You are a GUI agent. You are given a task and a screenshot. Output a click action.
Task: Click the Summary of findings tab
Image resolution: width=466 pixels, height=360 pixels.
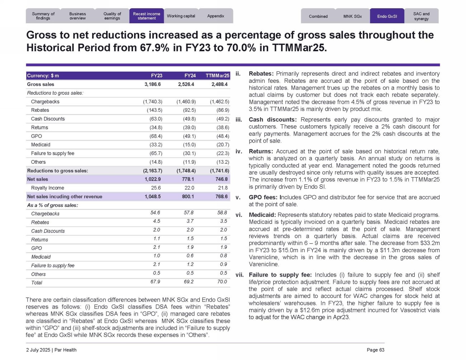tap(43, 16)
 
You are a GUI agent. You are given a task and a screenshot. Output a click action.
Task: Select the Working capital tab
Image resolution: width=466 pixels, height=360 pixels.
tap(181, 16)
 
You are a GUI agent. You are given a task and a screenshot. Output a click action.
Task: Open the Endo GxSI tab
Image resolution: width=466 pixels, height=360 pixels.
tap(387, 16)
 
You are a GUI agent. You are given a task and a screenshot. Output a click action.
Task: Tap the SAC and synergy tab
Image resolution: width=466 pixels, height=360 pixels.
tap(421, 16)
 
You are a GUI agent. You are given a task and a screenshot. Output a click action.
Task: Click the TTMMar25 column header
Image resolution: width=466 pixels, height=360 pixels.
tap(218, 76)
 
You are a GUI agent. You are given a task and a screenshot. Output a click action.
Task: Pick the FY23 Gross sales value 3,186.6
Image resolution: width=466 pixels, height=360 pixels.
tap(153, 85)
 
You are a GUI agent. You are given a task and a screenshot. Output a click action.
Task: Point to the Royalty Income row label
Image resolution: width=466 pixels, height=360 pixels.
tap(48, 188)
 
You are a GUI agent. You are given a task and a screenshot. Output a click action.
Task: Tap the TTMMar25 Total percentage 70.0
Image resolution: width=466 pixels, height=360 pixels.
tap(222, 282)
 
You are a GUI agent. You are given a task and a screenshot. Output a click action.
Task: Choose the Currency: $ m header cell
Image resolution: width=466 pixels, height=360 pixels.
tap(43, 76)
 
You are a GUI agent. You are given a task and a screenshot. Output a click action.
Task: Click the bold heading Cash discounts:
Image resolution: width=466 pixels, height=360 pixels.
tap(273, 120)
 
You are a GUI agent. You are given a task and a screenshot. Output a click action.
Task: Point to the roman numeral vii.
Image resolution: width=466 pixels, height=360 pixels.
tap(239, 275)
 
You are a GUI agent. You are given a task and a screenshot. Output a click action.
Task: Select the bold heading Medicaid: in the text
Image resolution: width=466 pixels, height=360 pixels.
tap(262, 215)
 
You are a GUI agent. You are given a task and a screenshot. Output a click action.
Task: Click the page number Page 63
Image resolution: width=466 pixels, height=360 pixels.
tap(375, 350)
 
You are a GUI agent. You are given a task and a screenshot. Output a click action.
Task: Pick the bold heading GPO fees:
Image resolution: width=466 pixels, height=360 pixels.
tap(263, 197)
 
